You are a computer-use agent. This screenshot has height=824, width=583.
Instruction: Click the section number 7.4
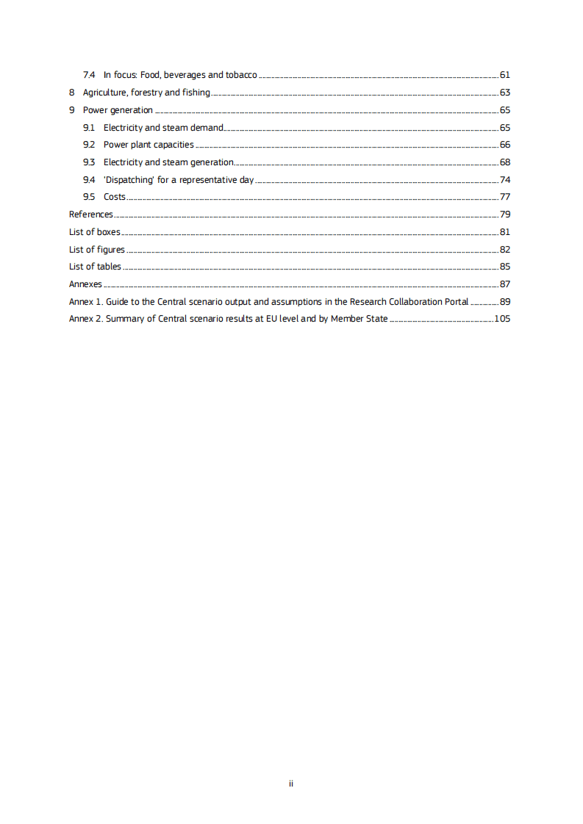[89, 75]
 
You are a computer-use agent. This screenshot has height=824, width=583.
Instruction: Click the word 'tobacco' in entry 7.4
[241, 75]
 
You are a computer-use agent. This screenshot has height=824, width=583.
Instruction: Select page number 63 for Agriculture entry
[504, 93]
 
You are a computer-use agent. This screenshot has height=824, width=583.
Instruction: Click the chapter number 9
[71, 110]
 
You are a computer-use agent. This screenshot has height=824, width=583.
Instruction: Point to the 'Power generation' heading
[118, 110]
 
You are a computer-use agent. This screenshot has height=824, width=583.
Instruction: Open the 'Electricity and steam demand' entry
[162, 128]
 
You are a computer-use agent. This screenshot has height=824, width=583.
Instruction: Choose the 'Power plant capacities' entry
[149, 145]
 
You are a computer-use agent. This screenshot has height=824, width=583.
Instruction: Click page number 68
[504, 162]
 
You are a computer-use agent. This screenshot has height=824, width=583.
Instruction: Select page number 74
[504, 180]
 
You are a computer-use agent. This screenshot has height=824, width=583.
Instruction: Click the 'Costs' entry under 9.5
[114, 197]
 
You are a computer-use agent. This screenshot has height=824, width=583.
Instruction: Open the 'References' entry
[90, 214]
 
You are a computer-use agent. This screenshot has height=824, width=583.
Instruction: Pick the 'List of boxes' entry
[94, 232]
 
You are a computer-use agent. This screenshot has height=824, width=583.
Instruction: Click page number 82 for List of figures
[504, 250]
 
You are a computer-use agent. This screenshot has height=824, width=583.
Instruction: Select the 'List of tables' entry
[95, 267]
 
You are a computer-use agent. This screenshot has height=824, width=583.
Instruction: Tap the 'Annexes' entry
[85, 284]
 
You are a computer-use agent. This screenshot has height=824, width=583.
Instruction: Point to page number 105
[502, 319]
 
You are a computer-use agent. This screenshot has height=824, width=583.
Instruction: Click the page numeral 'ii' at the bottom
[291, 784]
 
